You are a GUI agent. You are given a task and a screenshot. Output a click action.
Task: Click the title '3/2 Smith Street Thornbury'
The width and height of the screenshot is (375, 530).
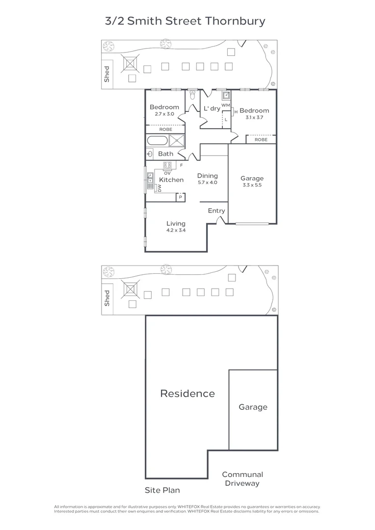point(186,21)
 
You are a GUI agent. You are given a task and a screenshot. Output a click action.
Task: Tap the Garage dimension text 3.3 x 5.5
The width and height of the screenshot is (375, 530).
point(252,185)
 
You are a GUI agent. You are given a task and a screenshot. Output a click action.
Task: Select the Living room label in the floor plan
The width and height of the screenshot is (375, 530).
point(176,223)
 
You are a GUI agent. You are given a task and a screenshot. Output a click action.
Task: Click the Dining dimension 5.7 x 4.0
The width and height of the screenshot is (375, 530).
point(207,183)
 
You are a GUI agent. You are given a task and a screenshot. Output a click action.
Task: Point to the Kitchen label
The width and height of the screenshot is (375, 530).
point(171,180)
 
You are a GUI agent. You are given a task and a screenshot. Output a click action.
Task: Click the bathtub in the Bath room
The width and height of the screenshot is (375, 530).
point(158,141)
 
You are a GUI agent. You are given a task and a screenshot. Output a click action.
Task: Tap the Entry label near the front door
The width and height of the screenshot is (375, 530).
point(216,211)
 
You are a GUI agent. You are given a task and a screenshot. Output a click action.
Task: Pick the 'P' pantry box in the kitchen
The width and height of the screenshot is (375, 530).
point(181,197)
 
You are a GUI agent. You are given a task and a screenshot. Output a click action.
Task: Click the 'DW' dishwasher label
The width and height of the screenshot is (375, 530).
point(160,188)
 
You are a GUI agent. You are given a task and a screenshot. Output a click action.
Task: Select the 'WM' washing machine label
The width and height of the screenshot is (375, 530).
point(225,105)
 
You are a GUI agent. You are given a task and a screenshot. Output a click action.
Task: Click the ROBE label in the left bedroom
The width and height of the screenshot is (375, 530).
point(165,129)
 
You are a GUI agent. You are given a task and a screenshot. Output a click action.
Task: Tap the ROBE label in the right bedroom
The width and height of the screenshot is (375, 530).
point(261,140)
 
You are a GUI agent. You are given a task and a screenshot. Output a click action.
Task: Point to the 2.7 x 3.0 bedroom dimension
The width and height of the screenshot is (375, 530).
point(164,114)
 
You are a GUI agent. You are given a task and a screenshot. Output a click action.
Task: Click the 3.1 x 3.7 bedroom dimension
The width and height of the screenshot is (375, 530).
point(254,117)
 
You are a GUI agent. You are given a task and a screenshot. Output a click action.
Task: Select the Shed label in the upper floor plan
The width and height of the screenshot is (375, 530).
point(107,75)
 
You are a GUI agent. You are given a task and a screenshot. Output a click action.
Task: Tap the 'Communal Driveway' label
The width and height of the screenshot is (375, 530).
point(242,479)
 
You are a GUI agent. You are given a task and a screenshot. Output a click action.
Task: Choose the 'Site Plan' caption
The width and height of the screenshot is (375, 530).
point(162,490)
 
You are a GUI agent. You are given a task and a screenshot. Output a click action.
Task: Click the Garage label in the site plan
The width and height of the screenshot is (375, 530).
point(253,407)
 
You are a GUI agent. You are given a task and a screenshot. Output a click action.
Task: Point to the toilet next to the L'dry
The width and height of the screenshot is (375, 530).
point(192,96)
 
